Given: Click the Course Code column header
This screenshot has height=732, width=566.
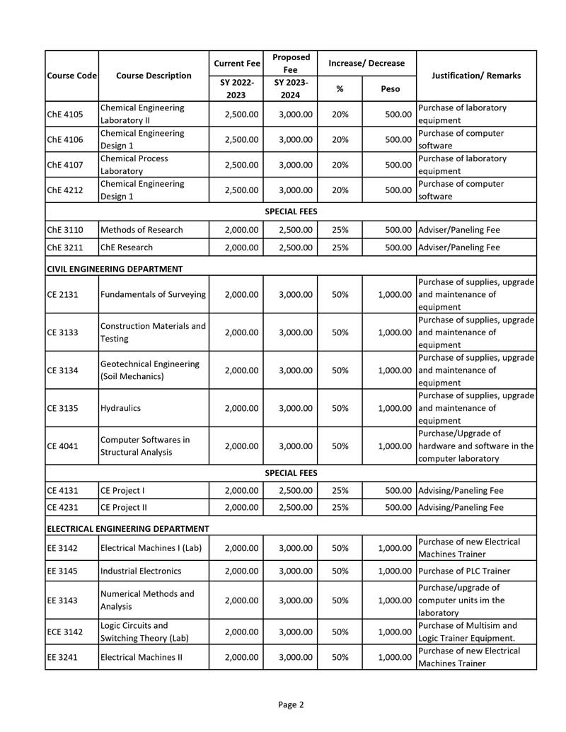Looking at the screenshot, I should point(71,76).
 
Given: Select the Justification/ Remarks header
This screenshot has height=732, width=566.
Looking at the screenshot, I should point(475,76).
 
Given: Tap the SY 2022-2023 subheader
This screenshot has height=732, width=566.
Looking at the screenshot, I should point(236,88).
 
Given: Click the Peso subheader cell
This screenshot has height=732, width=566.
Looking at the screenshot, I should point(389,88).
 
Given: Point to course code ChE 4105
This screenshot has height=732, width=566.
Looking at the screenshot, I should point(65,114).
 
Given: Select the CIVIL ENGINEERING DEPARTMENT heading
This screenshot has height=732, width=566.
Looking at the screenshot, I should point(115,269).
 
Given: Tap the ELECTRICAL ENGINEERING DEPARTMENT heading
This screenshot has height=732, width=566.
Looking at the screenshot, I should point(128,528).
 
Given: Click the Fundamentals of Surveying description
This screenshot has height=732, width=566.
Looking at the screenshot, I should point(153,294).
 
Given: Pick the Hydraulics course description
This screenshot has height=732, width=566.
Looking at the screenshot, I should point(120,408).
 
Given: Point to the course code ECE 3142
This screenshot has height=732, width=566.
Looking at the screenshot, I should point(65,632).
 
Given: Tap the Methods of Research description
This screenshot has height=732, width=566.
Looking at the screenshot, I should point(141,230).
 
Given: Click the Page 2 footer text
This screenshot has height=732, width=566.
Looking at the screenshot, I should point(291,704).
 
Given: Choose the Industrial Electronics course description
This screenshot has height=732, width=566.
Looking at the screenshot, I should point(141,571).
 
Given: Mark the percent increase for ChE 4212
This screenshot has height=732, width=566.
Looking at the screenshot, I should point(340,190).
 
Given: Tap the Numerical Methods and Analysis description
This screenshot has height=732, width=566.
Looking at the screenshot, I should point(147,600).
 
